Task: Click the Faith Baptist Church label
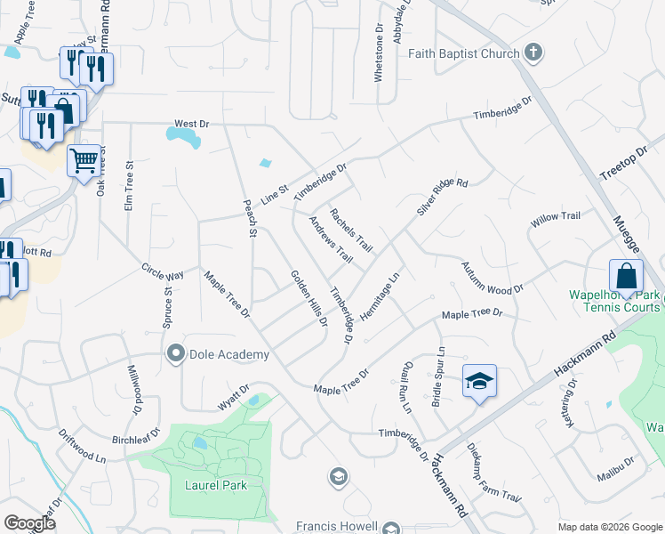[x=463, y=53]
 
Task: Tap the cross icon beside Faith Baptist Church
[x=533, y=52]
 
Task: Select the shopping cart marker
[x=84, y=161]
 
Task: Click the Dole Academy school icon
[x=175, y=354]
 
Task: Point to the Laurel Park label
[x=215, y=485]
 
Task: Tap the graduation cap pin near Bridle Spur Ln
[x=480, y=382]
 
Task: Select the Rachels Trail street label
[x=351, y=229]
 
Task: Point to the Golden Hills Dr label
[x=309, y=296]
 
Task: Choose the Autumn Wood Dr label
[x=493, y=279]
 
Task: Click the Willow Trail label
[x=555, y=217]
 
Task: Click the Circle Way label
[x=162, y=271]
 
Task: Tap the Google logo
[x=29, y=523]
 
